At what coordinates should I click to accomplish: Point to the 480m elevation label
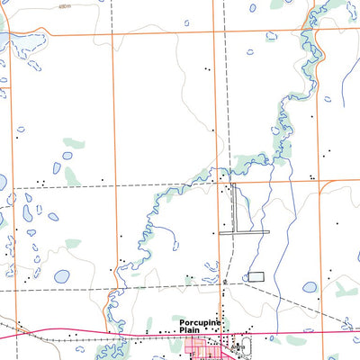point(61,5)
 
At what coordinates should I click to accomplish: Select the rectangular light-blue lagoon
point(256,276)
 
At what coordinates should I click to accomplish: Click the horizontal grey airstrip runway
point(244,233)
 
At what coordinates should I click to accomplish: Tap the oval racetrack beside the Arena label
point(238,347)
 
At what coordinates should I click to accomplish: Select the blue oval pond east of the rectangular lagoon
point(310,288)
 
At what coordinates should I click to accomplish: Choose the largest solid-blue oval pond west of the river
point(61,277)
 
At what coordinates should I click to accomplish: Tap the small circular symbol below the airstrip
point(224,282)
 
